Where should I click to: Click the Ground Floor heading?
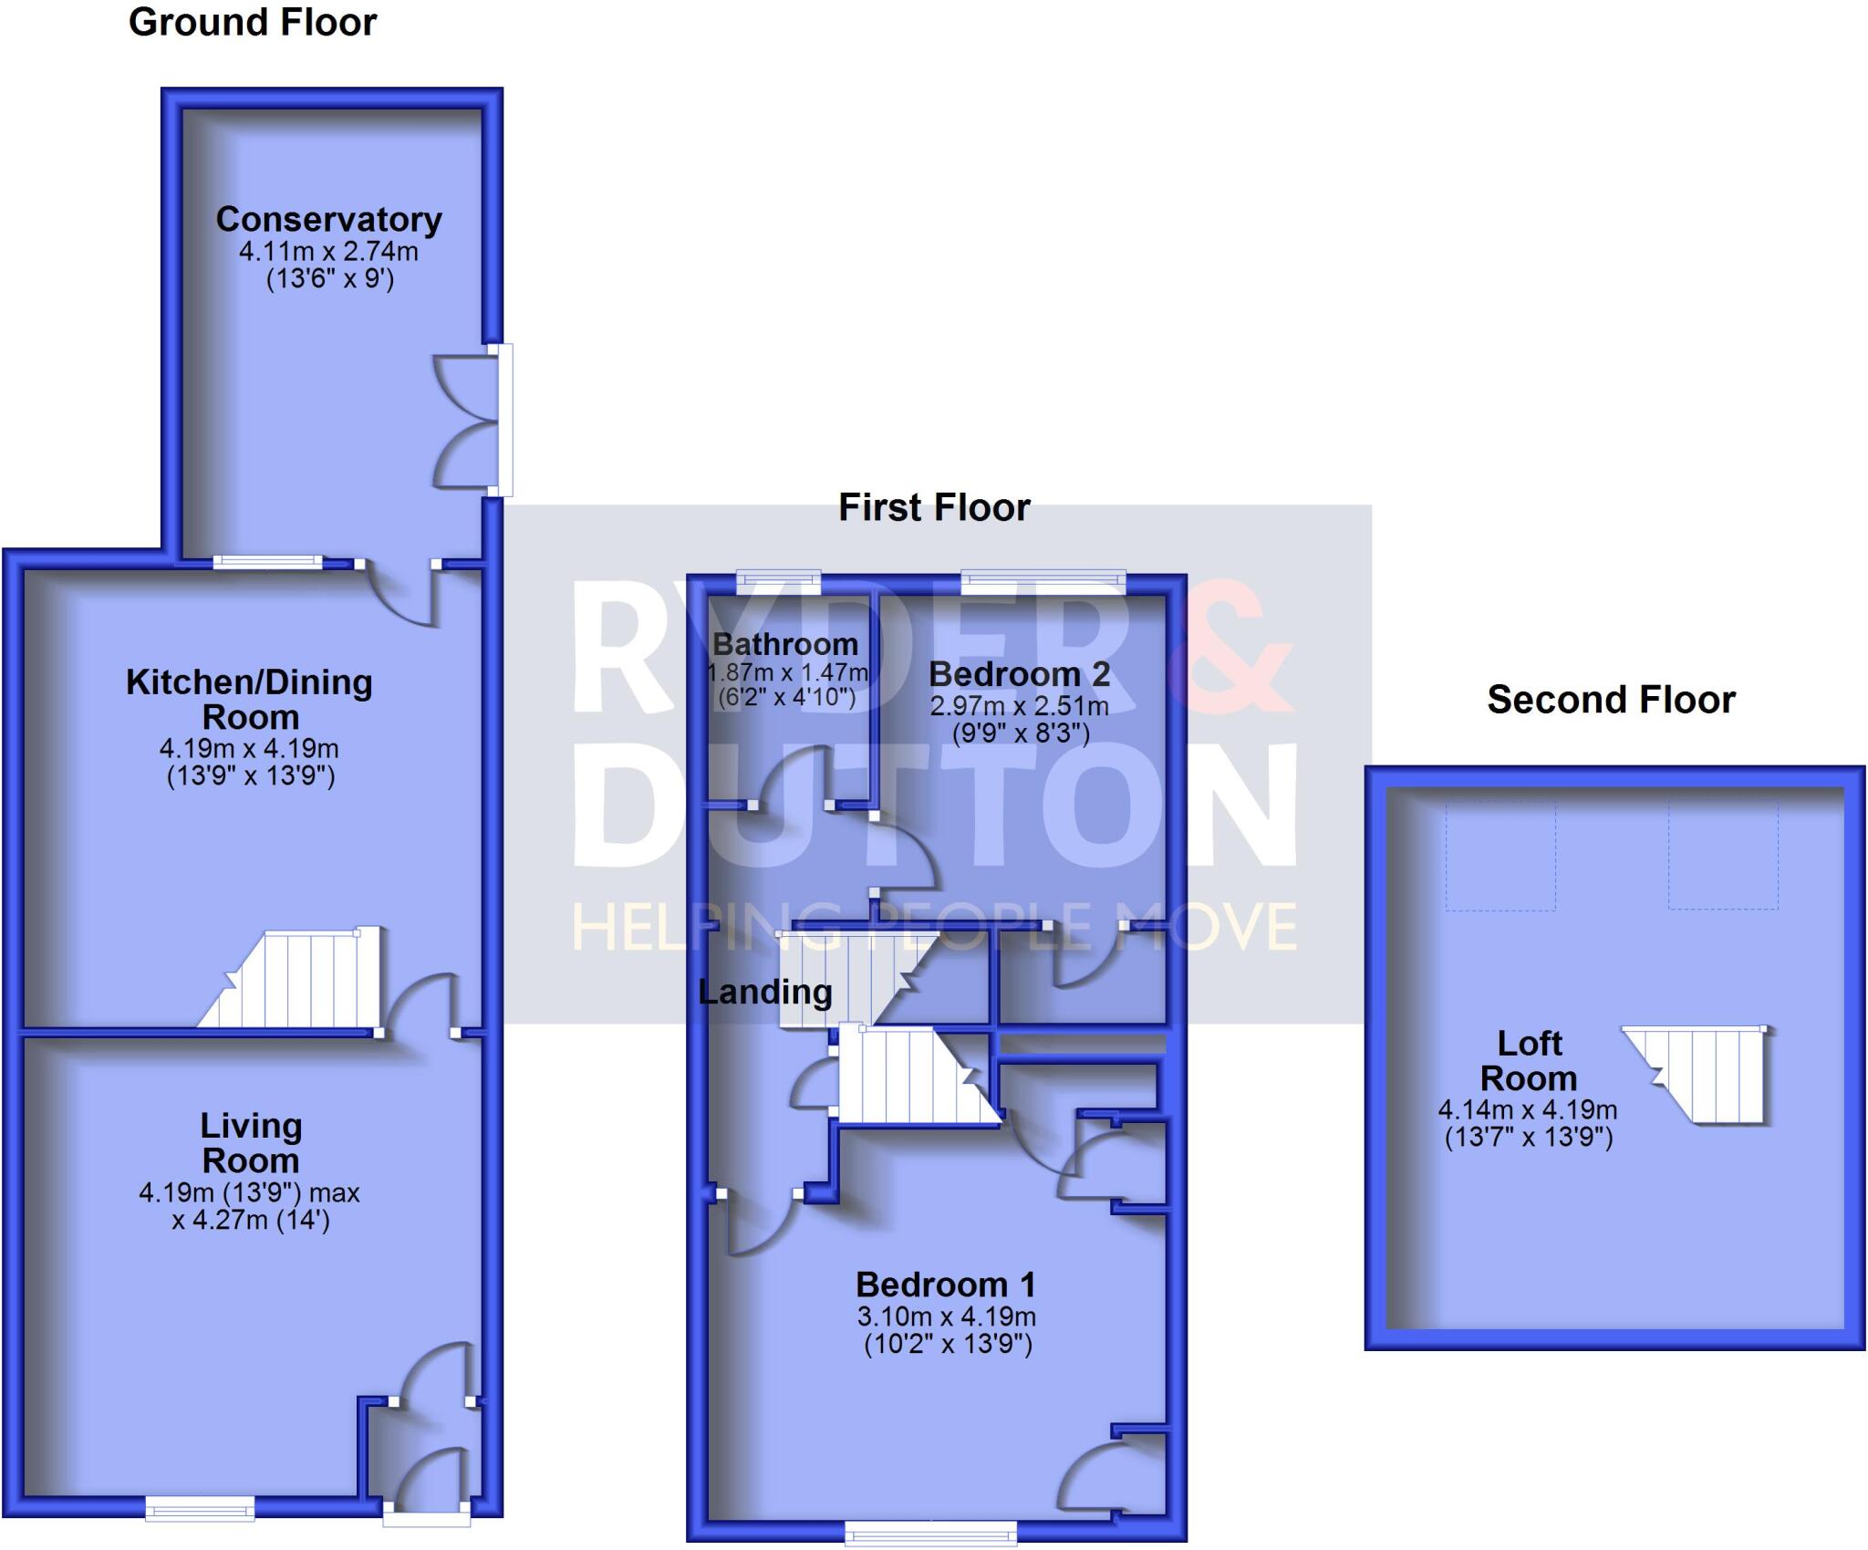tap(252, 23)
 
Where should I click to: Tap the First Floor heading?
tap(933, 508)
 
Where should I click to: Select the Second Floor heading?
tap(1611, 700)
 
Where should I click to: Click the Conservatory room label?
tap(328, 220)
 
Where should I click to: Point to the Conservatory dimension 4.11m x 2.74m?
tap(328, 251)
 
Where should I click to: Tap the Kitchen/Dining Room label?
tap(249, 699)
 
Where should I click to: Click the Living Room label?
tap(251, 1143)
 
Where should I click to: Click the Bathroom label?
tap(785, 644)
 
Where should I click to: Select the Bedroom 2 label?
tap(1019, 674)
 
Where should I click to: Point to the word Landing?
tap(764, 993)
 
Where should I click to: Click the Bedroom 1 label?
tap(946, 1285)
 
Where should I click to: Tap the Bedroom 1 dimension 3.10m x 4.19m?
tap(946, 1316)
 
